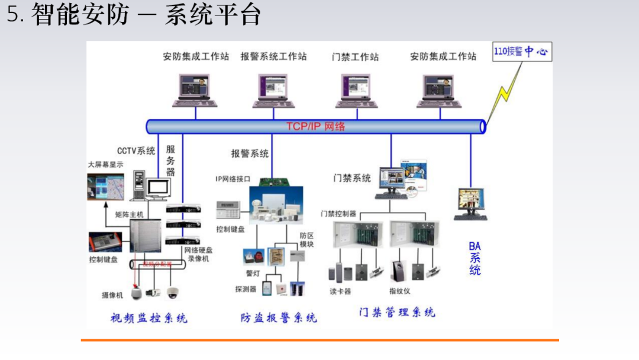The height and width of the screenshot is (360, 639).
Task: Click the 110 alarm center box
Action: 521,52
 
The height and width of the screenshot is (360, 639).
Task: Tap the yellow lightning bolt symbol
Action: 506,89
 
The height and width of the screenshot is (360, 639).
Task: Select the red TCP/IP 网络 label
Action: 315,126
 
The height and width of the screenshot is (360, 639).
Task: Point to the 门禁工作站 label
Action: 355,57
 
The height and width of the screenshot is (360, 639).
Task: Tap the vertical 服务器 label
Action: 170,160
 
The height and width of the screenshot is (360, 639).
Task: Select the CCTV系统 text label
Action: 136,151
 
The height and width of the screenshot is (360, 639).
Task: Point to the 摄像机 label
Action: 112,295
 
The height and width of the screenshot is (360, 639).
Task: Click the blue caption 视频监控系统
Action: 149,318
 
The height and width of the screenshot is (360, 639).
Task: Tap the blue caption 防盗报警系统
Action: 278,317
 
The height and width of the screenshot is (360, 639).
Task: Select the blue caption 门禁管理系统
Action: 397,312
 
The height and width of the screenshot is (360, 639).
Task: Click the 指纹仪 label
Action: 400,291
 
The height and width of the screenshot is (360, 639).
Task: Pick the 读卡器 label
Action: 340,291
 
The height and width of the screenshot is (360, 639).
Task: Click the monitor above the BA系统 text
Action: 471,203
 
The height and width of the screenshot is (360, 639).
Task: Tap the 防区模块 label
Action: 306,239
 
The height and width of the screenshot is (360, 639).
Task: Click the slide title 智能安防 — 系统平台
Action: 134,14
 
